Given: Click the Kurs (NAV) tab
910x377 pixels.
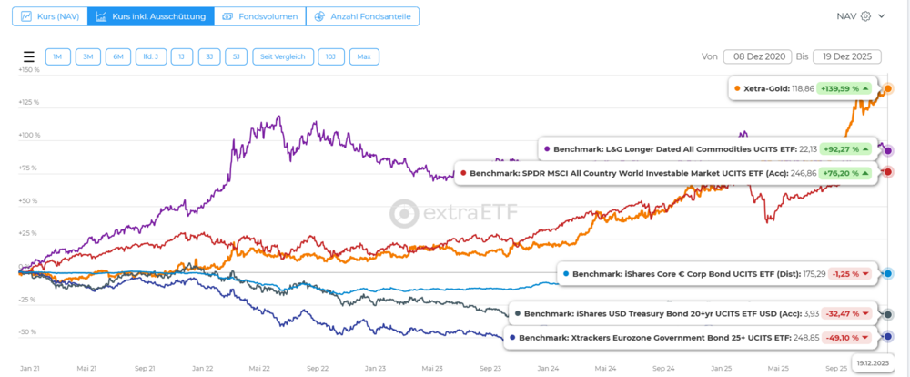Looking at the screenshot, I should (45, 16).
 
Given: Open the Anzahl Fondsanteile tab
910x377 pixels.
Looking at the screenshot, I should (358, 16).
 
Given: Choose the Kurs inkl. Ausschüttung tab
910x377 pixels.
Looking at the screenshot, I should (151, 16).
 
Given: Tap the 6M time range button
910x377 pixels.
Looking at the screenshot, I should (118, 56).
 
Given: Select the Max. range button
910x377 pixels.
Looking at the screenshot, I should (364, 56).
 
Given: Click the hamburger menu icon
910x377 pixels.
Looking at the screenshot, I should (28, 56).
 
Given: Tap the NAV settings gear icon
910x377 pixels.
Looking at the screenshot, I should (865, 16).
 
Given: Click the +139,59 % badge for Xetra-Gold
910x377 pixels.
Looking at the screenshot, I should (845, 89).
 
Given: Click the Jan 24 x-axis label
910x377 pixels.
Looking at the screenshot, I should (548, 369).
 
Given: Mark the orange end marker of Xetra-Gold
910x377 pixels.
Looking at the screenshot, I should (888, 89).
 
